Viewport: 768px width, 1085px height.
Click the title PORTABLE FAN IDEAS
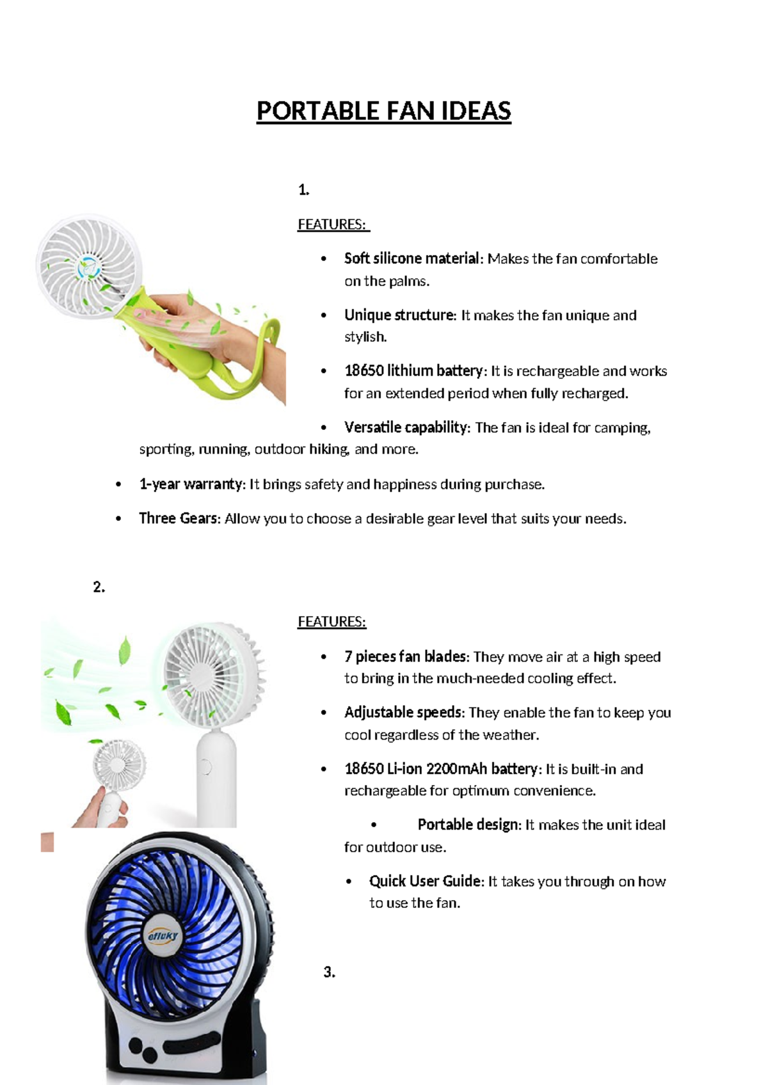[x=383, y=111]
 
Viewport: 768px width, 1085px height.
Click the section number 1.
[x=303, y=189]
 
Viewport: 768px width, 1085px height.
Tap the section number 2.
[x=99, y=587]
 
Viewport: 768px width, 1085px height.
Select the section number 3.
[x=329, y=972]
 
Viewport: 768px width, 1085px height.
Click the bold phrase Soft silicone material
[x=412, y=258]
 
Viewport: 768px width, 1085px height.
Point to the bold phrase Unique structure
[x=399, y=315]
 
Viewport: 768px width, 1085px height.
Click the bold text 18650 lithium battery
[x=413, y=371]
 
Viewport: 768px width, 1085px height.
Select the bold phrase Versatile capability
[x=406, y=427]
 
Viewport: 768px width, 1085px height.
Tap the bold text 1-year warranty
[x=191, y=484]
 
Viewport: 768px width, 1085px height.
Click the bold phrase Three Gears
[x=179, y=519]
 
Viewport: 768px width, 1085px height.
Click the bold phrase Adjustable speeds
[x=403, y=713]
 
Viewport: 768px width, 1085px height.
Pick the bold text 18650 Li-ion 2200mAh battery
[x=441, y=769]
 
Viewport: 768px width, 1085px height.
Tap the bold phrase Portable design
[x=468, y=825]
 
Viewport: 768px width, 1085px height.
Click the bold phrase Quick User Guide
[x=426, y=881]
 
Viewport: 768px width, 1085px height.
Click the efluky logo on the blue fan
[x=164, y=936]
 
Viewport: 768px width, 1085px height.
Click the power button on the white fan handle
[x=206, y=766]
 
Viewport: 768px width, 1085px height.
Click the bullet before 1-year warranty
[x=118, y=484]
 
